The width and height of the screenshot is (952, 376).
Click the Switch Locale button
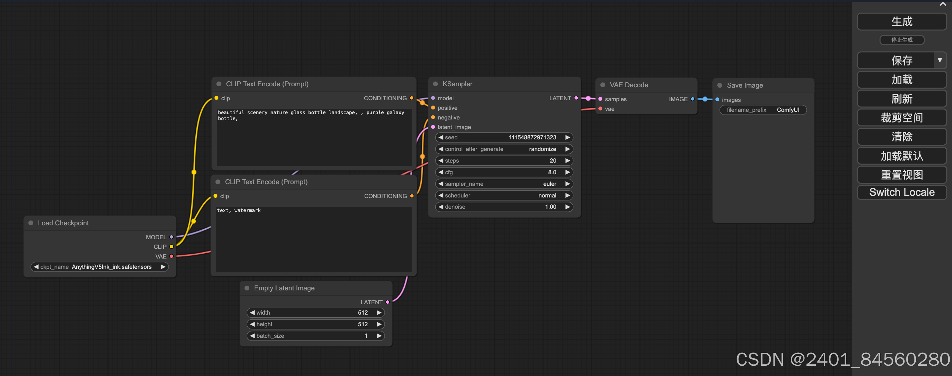tap(901, 192)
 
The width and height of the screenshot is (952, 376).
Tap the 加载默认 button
tap(901, 156)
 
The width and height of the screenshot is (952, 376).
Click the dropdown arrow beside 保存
tap(939, 60)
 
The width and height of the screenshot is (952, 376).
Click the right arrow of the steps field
tap(567, 161)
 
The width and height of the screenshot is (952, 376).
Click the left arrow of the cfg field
tap(441, 172)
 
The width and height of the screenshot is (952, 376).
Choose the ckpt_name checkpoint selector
tap(99, 267)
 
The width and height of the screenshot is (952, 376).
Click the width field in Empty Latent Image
tap(315, 313)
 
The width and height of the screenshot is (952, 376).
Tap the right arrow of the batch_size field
tap(379, 336)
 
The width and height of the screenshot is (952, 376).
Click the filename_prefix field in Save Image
tap(763, 110)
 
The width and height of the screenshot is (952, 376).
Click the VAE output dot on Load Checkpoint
tap(172, 257)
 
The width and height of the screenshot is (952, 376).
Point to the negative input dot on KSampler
tap(433, 117)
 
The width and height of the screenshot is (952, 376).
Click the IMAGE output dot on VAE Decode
tap(693, 99)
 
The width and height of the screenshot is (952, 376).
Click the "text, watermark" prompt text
tap(239, 210)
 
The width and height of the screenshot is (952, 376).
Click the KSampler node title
tap(457, 84)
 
